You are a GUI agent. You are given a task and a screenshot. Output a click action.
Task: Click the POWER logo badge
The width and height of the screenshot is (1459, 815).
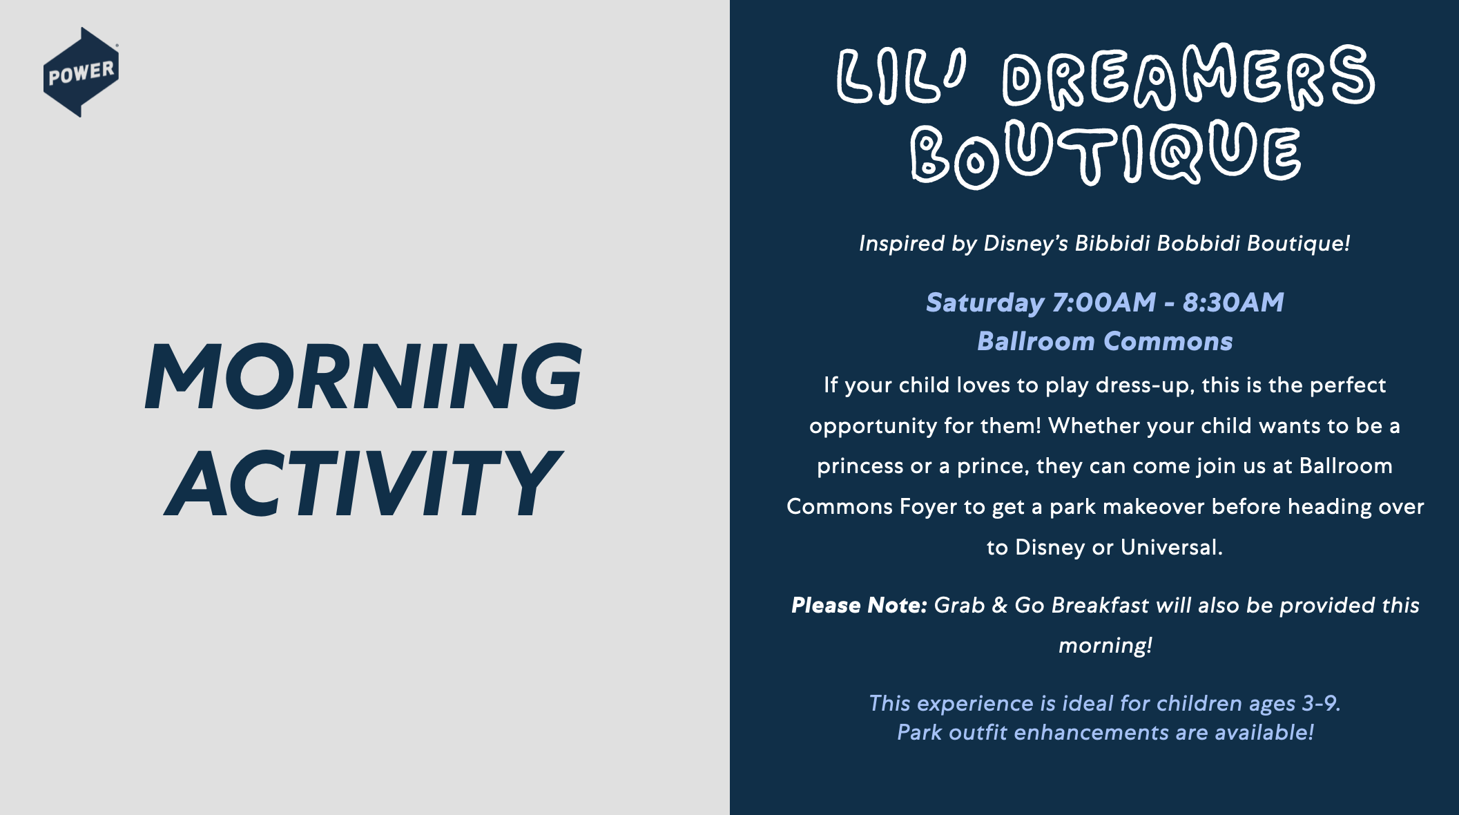[x=81, y=72]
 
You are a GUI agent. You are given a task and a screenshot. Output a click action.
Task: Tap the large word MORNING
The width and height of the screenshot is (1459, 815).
[x=363, y=376]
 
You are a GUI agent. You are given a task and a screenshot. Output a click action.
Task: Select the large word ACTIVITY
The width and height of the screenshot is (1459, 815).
[x=363, y=483]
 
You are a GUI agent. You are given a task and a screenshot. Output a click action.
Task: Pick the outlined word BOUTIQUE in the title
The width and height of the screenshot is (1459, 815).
[x=1105, y=153]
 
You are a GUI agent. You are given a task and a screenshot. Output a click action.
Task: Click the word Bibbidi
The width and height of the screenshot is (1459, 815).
[x=1112, y=243]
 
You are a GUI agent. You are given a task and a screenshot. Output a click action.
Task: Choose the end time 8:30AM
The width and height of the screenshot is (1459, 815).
[x=1233, y=303]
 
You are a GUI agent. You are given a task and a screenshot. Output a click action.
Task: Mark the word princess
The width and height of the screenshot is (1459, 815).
[x=860, y=467]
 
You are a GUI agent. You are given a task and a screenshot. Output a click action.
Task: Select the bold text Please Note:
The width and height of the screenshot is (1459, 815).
[x=859, y=605]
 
